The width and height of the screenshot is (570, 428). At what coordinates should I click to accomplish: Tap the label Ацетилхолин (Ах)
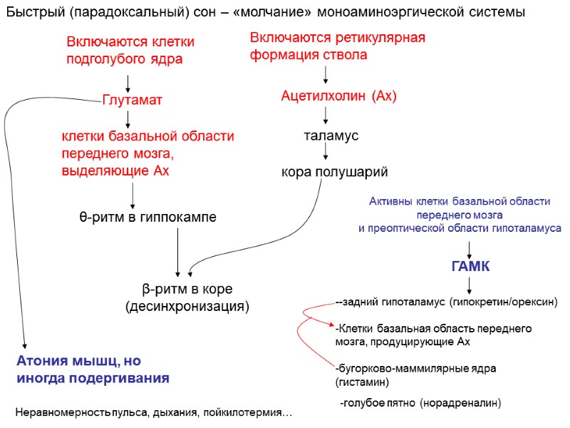(x=338, y=96)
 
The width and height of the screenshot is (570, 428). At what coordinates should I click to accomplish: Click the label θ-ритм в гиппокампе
(x=147, y=216)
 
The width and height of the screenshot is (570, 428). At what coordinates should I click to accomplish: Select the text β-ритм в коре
(x=187, y=289)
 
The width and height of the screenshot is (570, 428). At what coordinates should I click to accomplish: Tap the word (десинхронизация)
(x=187, y=306)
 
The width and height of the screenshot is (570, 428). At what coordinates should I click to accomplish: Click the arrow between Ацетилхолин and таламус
(x=326, y=115)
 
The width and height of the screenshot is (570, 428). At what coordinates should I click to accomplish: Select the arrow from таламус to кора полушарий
(x=326, y=151)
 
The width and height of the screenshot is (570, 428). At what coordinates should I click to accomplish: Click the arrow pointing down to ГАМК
(x=470, y=250)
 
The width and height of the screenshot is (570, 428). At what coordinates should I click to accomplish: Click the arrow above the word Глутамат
(x=128, y=82)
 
